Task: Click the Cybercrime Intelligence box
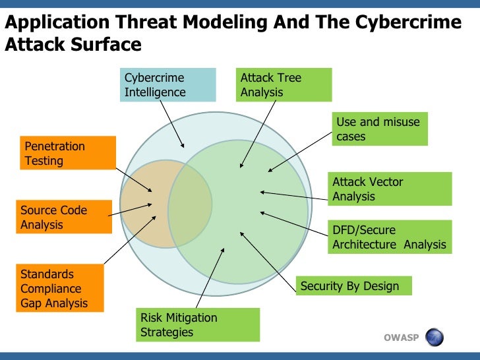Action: tap(169, 85)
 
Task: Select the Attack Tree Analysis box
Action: tap(284, 85)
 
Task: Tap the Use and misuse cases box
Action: tap(379, 129)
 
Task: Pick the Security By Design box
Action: tap(354, 285)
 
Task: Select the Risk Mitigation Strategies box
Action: tap(198, 325)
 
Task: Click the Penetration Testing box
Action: tap(68, 153)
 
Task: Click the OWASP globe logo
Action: tap(435, 338)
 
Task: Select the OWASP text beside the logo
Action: tap(401, 338)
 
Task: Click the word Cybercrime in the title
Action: tap(407, 22)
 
